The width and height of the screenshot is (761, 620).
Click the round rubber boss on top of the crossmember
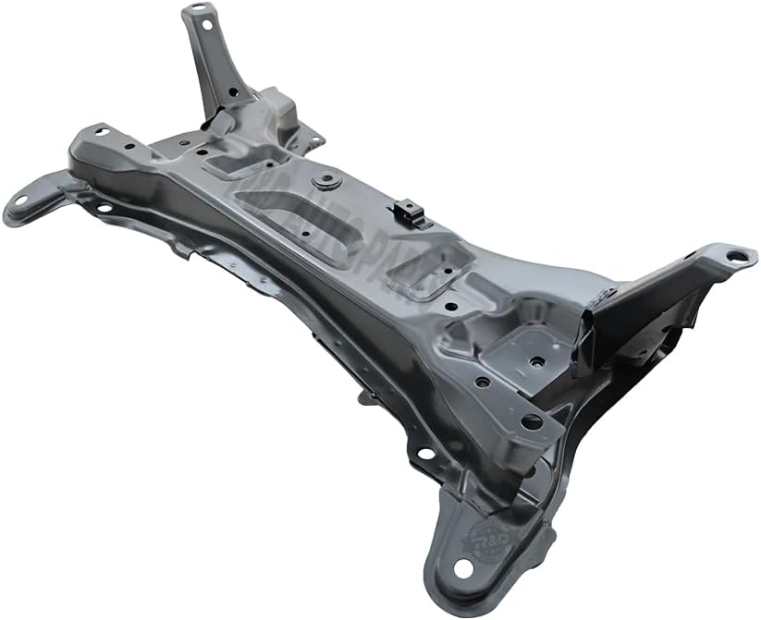325,181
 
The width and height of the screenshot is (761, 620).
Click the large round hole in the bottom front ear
462,566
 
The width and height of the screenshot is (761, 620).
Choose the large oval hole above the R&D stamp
531,422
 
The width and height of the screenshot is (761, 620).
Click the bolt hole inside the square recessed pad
534,363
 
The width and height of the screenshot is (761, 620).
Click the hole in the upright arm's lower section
231,91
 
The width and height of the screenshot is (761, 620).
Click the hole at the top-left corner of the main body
100,132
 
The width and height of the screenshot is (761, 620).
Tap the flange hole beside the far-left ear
104,206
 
